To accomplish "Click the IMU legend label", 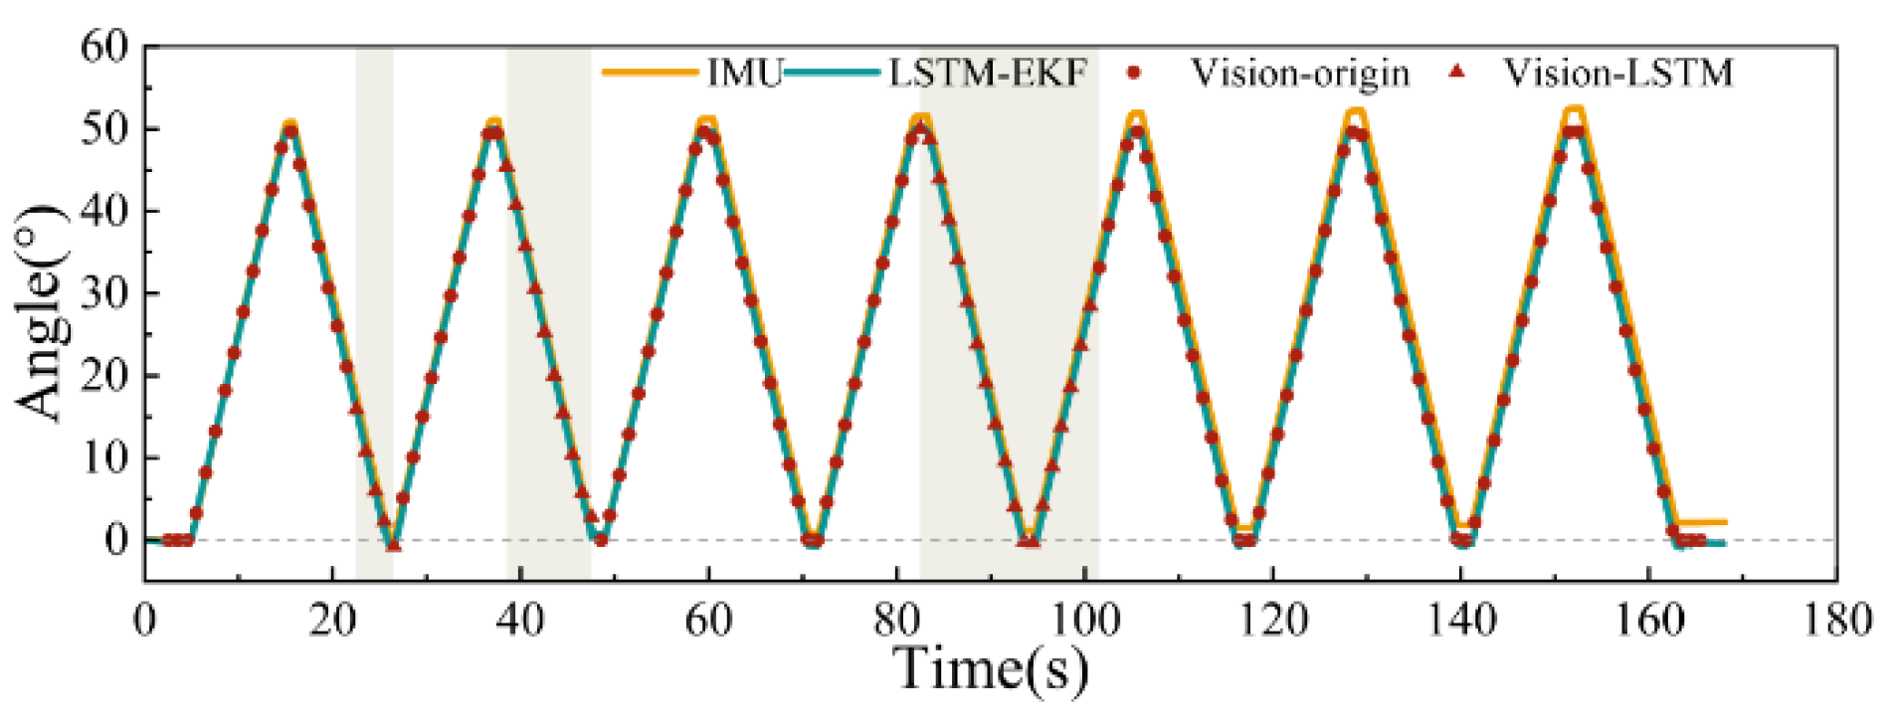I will (745, 73).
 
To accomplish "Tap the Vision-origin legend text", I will (1300, 73).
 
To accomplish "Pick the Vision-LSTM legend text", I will (1617, 73).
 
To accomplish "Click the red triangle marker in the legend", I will (1457, 72).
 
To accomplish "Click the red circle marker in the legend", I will (1133, 73).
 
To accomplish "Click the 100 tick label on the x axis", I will (1084, 621).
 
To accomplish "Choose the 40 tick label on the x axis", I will (520, 621).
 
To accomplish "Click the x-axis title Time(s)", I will (991, 668).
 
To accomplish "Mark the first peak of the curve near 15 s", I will (289, 126).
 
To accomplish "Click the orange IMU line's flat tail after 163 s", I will (1703, 521).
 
